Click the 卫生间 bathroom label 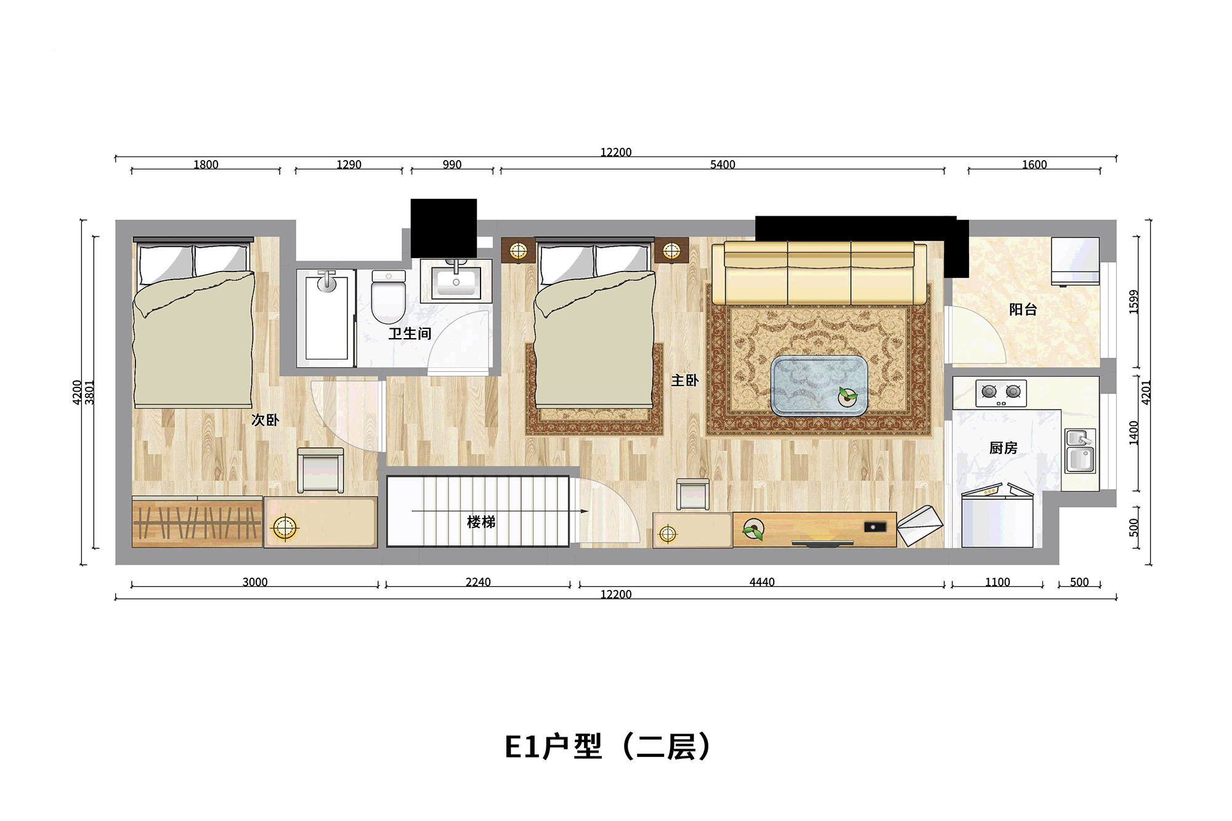click(x=410, y=334)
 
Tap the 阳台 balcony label click(x=1023, y=309)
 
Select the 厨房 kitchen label click(x=1003, y=448)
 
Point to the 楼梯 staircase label click(x=481, y=522)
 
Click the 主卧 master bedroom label click(x=685, y=381)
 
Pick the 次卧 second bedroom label click(x=265, y=420)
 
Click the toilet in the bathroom click(x=389, y=296)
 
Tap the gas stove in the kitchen click(x=1001, y=393)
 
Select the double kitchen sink click(x=1080, y=451)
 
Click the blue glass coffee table click(x=819, y=386)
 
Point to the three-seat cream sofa click(x=819, y=273)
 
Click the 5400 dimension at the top click(x=723, y=164)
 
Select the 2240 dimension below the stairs click(x=478, y=582)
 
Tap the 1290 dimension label click(x=349, y=164)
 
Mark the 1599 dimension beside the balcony click(x=1134, y=302)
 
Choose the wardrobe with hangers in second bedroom click(x=197, y=522)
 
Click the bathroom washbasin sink click(x=456, y=280)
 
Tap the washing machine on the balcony click(x=1075, y=262)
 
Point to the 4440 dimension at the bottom click(x=762, y=582)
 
